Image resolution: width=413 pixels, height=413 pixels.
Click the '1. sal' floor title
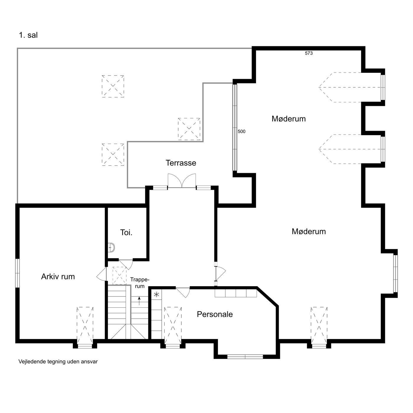(x=28, y=35)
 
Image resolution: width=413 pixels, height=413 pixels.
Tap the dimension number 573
(x=309, y=53)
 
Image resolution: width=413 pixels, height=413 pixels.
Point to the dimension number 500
(x=241, y=131)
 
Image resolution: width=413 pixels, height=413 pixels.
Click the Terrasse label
(x=181, y=163)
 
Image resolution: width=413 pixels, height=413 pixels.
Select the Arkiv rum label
(x=58, y=276)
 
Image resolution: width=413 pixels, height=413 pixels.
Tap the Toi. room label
(x=126, y=232)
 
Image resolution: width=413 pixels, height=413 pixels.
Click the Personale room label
(x=215, y=314)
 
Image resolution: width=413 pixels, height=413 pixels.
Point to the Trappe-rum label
(x=140, y=283)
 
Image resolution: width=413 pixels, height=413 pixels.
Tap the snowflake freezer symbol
(x=157, y=294)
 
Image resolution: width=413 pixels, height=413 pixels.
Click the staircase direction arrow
(x=139, y=301)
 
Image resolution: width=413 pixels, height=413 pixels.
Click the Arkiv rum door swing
(x=101, y=274)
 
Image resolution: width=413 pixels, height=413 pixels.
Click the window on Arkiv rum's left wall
(x=17, y=273)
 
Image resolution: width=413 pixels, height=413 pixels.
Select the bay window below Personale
(x=245, y=357)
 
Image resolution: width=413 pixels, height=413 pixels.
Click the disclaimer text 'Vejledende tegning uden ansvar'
(x=58, y=362)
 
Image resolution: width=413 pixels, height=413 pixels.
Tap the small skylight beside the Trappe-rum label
(x=119, y=276)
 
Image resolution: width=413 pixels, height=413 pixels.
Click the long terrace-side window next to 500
(x=235, y=127)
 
